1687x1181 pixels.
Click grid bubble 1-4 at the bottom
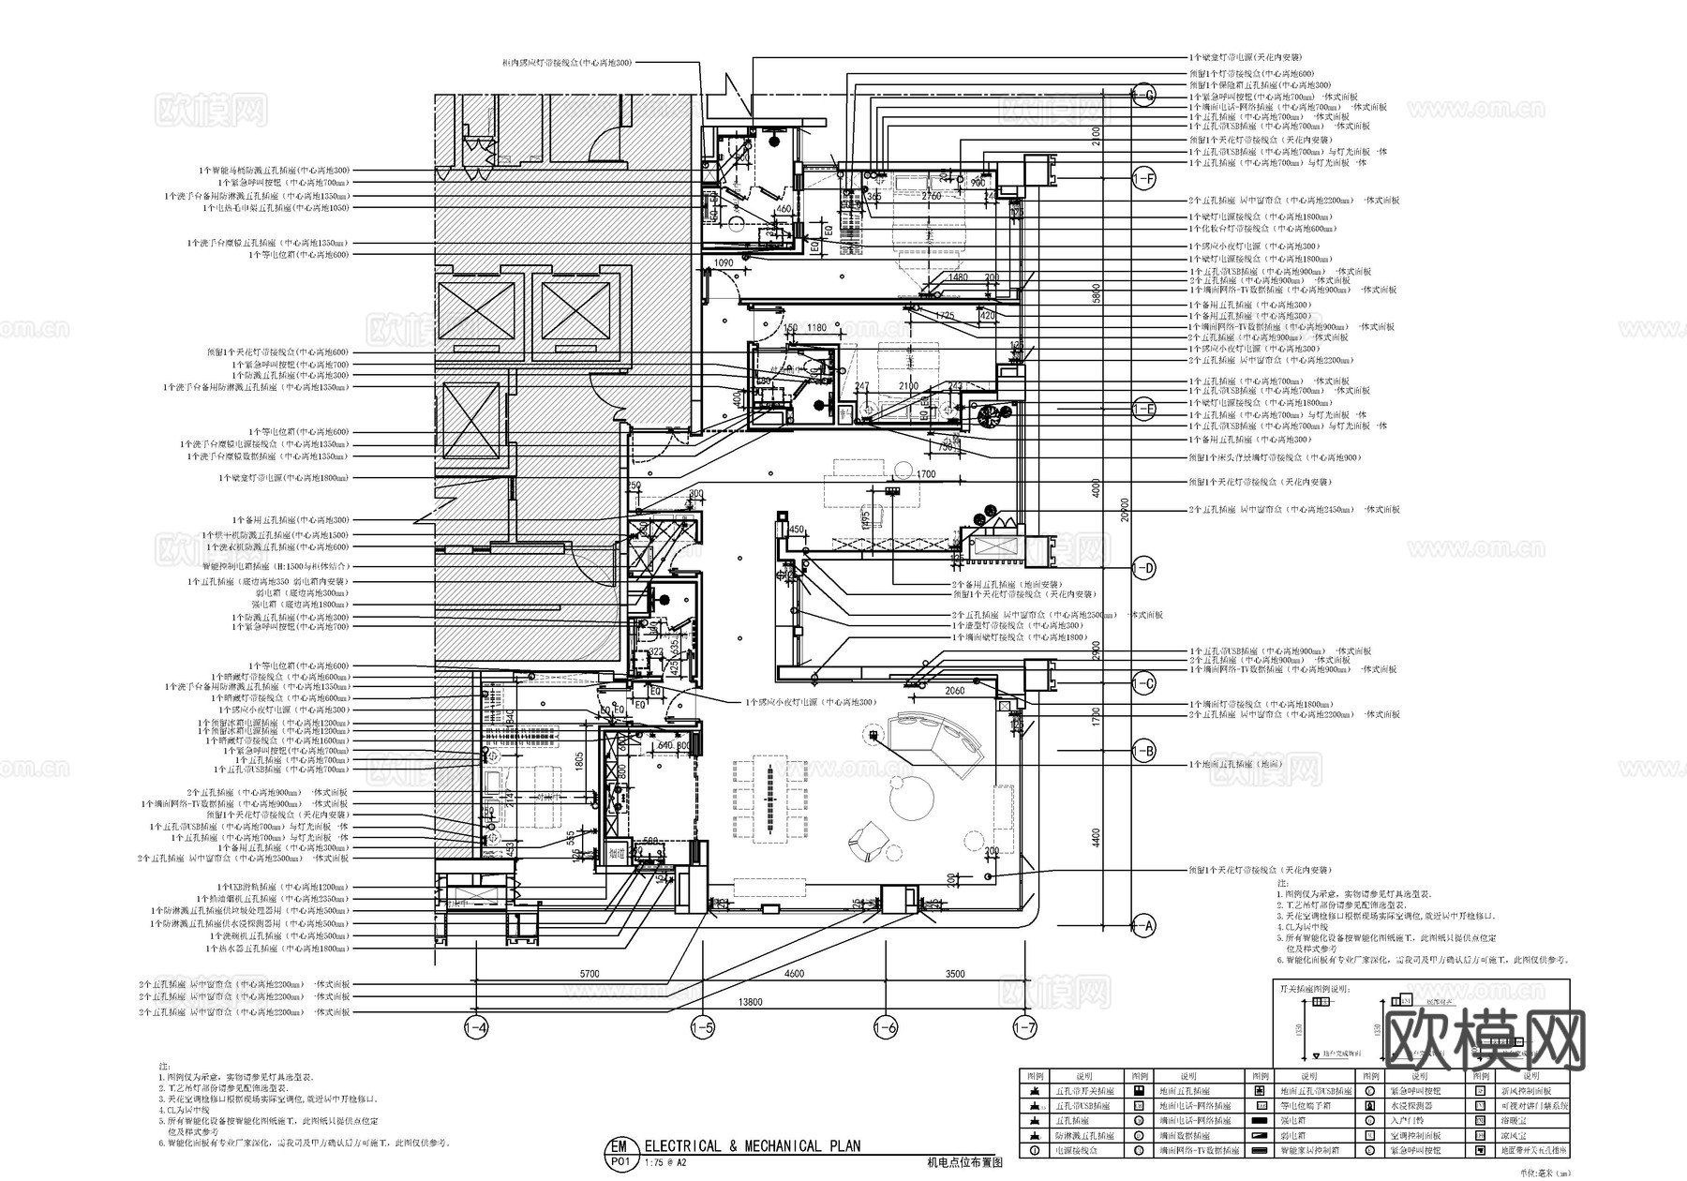[476, 1028]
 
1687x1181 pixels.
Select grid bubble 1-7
[1024, 1028]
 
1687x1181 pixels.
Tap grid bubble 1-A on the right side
[1144, 926]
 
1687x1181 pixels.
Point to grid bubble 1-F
[1144, 179]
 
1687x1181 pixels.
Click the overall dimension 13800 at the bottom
[750, 1002]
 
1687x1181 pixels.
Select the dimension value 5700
[589, 974]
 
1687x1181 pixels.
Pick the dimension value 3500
[955, 974]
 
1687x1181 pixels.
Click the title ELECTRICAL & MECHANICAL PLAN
[752, 1145]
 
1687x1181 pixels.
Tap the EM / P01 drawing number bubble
[618, 1152]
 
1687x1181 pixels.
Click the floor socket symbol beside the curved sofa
[873, 737]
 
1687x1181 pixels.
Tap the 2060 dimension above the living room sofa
[954, 691]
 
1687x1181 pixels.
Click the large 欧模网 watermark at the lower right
[1485, 1039]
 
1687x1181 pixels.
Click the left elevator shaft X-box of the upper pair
[476, 314]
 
